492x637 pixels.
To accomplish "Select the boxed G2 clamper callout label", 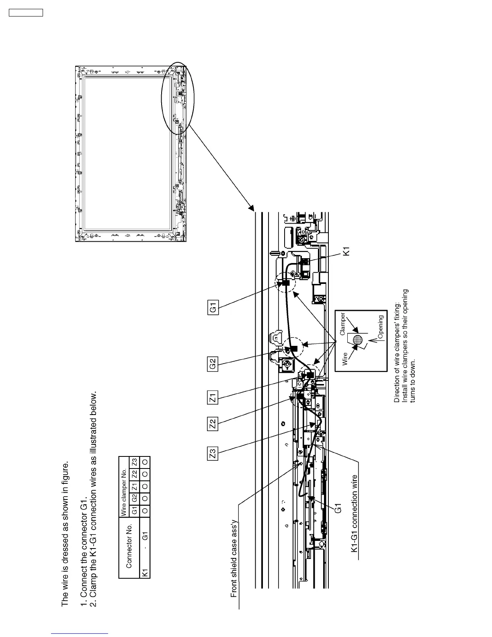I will pos(213,364).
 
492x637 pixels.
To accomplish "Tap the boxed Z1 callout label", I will pos(213,398).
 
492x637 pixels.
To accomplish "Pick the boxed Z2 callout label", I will pos(213,423).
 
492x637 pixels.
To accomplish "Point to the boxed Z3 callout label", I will pos(213,453).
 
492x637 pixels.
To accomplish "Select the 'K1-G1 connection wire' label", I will pos(354,514).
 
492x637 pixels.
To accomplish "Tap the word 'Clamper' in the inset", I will pos(342,325).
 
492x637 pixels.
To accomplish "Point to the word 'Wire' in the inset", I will pos(345,359).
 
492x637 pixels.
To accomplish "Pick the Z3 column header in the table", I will pos(135,461).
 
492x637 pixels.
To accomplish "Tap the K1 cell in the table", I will pos(146,571).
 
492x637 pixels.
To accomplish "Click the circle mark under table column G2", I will pos(146,498).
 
